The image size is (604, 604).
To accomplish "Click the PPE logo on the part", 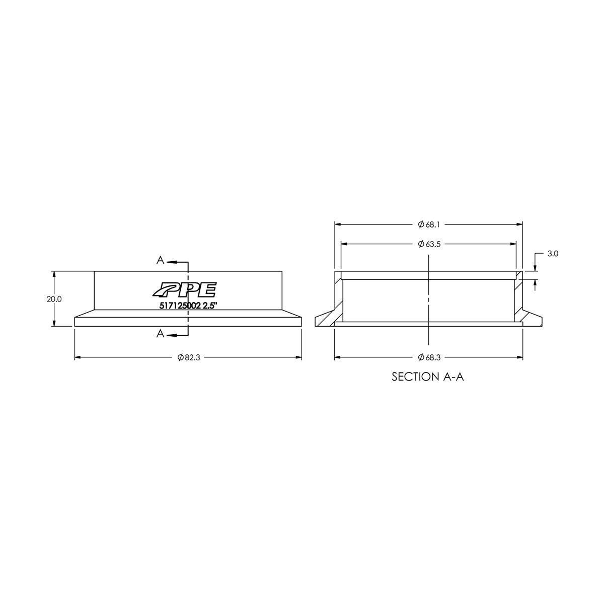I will coord(184,290).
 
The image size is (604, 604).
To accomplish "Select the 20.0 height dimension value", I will coord(54,298).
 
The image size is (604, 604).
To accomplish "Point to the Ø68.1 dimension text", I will coord(429,224).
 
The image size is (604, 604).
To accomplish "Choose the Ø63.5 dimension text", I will coord(429,244).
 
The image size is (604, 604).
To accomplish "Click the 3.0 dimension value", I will coord(552,254).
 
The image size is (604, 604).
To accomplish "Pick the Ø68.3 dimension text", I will coord(429,357).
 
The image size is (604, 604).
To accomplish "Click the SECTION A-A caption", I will coord(427,377).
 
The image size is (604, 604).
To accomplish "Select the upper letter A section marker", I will coord(160,260).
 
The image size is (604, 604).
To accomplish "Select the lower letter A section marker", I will coord(160,333).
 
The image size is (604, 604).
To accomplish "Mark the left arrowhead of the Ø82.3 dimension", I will coord(79,357).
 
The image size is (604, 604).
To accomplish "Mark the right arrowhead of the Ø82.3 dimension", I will coord(298,357).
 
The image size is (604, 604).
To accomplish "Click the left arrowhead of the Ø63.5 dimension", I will coord(345,244).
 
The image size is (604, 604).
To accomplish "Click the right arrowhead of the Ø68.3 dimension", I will coord(519,357).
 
